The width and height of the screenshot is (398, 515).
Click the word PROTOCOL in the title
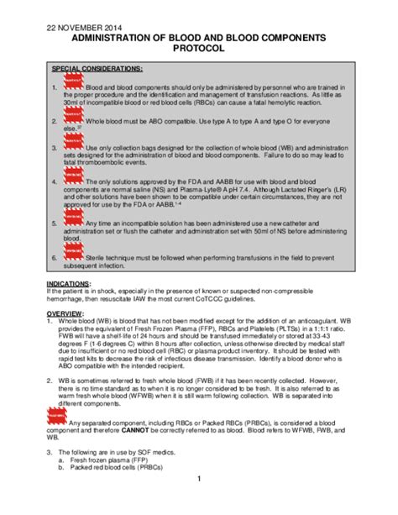[198, 50]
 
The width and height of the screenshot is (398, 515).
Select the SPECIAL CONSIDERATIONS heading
[97, 68]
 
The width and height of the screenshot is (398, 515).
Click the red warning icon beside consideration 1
[73, 82]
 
